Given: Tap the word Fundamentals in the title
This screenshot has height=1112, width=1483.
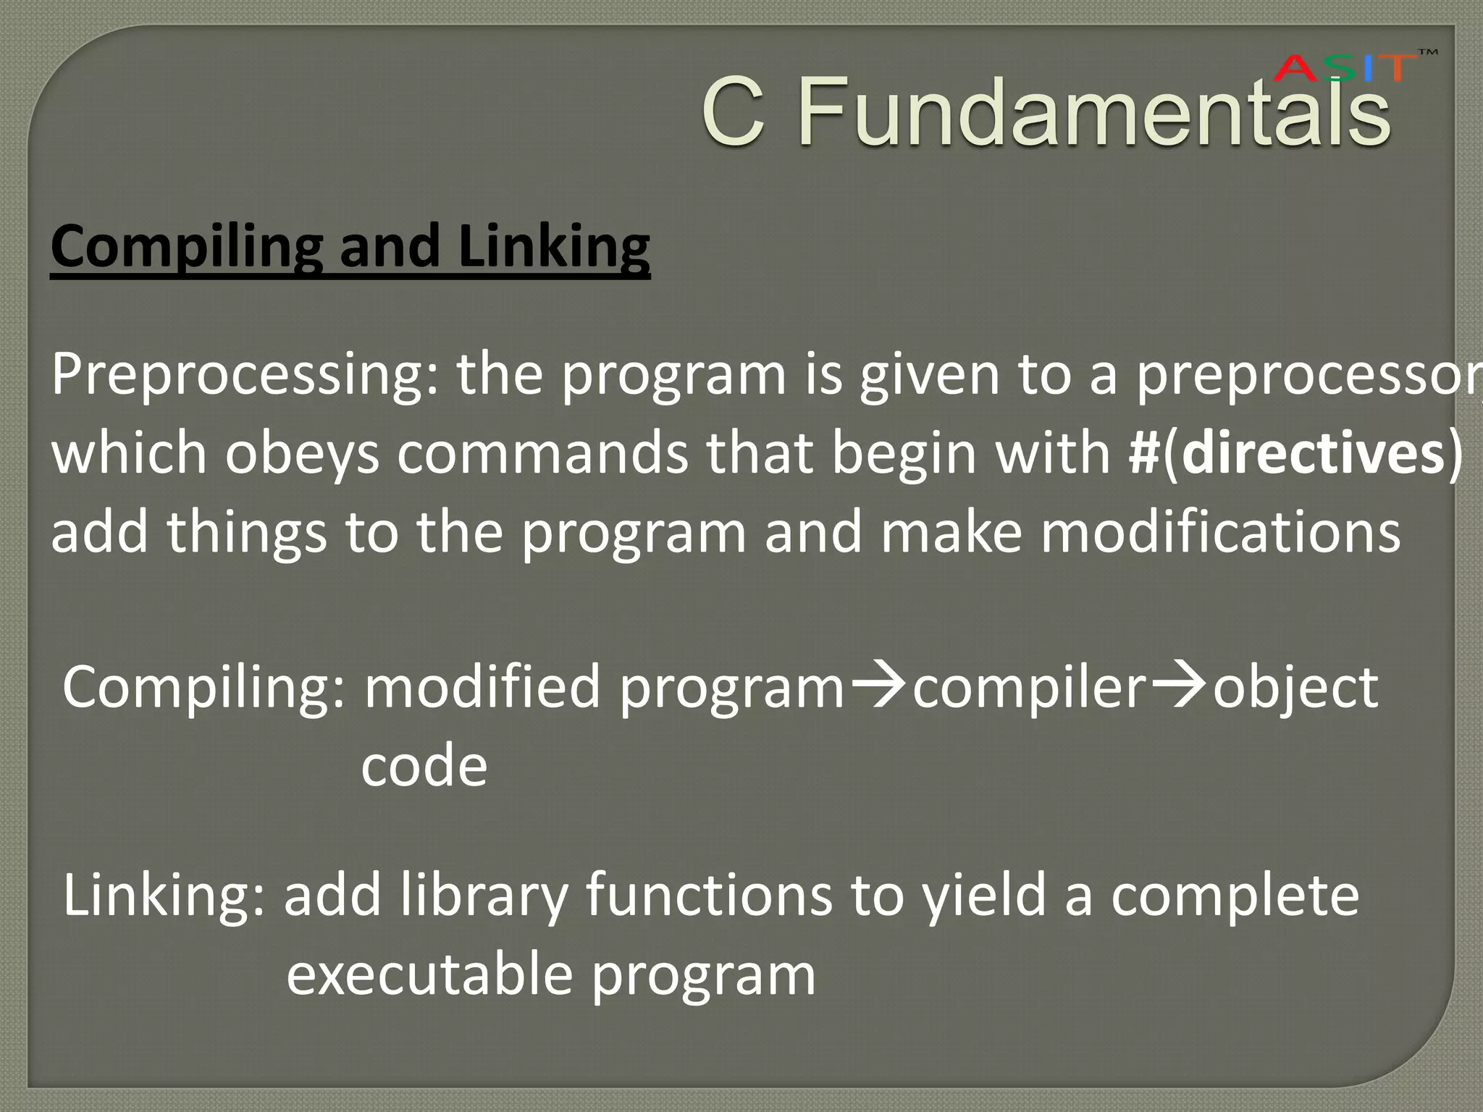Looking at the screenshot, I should (x=1093, y=112).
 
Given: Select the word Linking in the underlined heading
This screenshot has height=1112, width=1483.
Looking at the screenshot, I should (x=554, y=247).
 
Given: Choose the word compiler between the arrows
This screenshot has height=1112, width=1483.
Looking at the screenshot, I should (x=1029, y=688).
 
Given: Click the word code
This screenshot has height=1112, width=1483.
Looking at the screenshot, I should (x=424, y=766).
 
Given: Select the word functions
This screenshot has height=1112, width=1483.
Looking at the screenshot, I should (x=710, y=896).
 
